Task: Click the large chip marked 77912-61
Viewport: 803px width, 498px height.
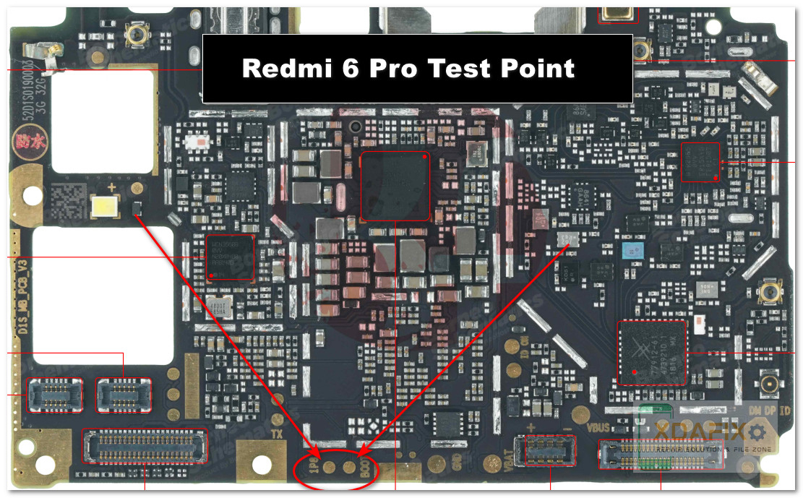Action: (652, 353)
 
